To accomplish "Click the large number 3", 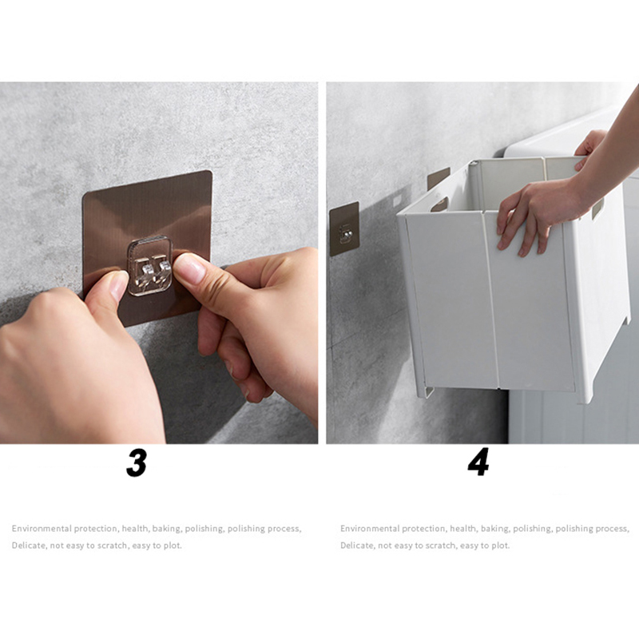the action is (137, 463).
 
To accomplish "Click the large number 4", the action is (478, 462).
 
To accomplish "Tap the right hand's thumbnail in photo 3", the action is (189, 268).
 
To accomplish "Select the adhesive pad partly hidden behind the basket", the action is (438, 177).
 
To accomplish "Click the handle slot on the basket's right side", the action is (597, 209).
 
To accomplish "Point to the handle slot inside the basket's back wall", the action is (439, 204).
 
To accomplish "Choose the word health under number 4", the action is (463, 529).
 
